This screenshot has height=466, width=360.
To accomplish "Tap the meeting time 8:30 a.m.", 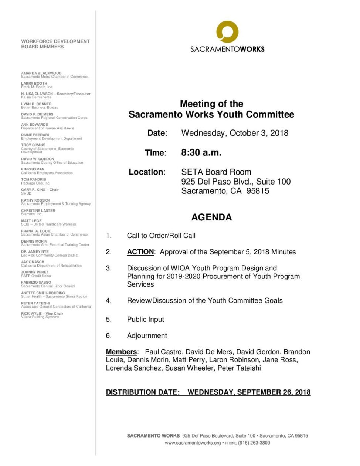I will (x=201, y=152).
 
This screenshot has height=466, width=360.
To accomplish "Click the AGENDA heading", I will (x=211, y=217).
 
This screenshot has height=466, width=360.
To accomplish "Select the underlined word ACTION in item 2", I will (x=140, y=252).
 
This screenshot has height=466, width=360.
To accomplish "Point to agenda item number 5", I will (x=109, y=319).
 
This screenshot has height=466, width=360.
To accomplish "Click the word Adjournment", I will (x=147, y=335).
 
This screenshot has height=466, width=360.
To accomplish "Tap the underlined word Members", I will (x=121, y=352).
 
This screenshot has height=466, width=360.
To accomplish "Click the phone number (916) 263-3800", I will (x=254, y=443).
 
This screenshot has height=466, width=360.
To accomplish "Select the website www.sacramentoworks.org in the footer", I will (x=193, y=443).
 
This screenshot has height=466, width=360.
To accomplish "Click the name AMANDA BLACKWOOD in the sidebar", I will (x=41, y=73).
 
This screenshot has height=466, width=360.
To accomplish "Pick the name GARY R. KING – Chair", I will (x=40, y=190).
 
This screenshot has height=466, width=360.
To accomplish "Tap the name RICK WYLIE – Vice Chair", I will (x=42, y=313).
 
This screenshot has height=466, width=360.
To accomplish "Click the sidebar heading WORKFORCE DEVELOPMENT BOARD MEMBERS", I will (x=55, y=44).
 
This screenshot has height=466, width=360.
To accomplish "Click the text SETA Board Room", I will (x=216, y=172).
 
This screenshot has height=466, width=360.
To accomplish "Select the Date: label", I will (x=157, y=133).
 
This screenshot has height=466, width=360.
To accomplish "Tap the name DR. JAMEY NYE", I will (x=35, y=251).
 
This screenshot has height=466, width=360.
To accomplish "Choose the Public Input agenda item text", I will (x=145, y=319).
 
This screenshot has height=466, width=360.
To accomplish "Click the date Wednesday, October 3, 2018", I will (x=235, y=133).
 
